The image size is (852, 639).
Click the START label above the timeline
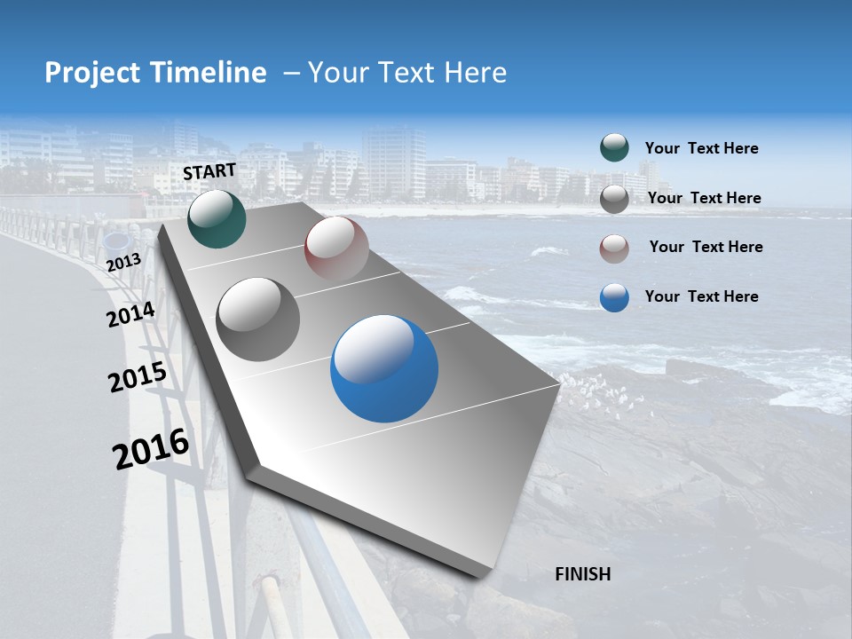click(209, 171)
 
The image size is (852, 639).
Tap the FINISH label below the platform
click(582, 574)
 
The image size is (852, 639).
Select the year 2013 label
click(123, 263)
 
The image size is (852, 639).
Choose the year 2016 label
click(151, 449)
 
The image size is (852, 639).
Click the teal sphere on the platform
click(217, 219)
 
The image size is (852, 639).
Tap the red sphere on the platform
click(336, 248)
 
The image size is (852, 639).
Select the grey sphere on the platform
click(258, 319)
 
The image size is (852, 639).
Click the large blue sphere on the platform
click(384, 369)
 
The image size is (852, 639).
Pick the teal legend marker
click(614, 148)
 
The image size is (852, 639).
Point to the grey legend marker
click(614, 199)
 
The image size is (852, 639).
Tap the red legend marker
click(614, 248)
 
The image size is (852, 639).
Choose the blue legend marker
click(614, 297)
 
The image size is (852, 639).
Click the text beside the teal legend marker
click(701, 149)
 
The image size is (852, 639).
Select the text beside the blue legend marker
click(701, 296)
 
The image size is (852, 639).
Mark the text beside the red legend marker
click(706, 247)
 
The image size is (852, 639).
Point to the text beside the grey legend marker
click(704, 198)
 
